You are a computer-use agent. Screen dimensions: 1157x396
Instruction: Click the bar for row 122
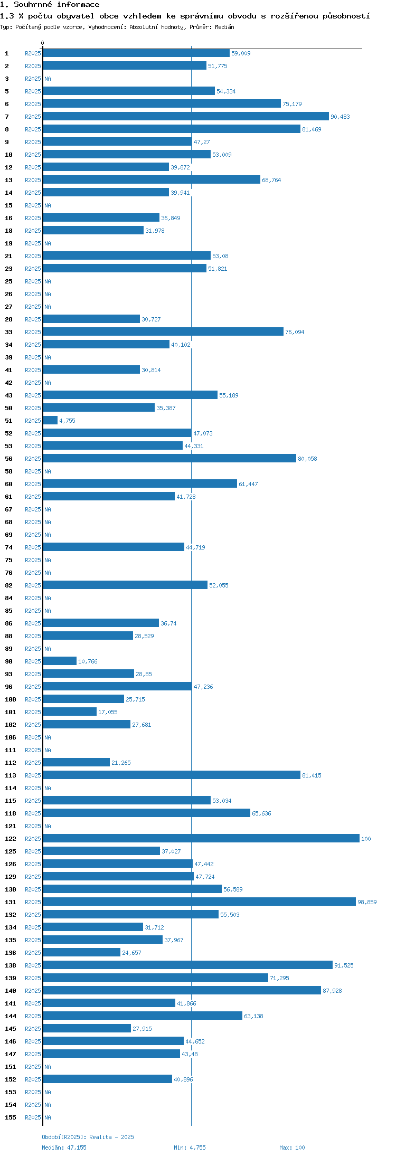point(201,839)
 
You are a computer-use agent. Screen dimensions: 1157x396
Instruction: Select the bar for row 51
point(50,421)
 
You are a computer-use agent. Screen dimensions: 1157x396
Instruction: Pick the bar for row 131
point(199,902)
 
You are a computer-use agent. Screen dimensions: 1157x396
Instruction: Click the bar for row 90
point(60,661)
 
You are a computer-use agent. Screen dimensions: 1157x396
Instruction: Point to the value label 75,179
point(292,104)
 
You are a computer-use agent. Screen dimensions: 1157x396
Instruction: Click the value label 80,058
point(307,459)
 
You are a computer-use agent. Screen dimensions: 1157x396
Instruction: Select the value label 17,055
point(108,712)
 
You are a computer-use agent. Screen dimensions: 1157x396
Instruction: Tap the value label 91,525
point(344,965)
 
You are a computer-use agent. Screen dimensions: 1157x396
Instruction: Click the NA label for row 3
point(48,79)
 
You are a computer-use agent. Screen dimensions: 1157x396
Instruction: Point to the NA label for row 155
point(48,1117)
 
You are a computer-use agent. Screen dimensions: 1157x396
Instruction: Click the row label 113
point(11,775)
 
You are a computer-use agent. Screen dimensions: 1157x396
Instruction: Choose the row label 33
point(9,332)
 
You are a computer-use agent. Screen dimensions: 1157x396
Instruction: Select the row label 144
point(11,1016)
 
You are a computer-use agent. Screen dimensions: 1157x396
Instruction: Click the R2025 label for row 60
point(33,484)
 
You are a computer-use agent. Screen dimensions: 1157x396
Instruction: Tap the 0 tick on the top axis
point(43,43)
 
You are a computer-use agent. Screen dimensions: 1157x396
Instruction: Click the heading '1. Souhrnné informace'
point(50,5)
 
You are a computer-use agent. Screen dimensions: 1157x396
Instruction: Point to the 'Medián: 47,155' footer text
point(64,1147)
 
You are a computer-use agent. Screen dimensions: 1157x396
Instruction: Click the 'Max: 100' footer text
point(292,1147)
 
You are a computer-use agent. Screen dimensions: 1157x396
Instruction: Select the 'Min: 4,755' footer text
point(190,1147)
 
